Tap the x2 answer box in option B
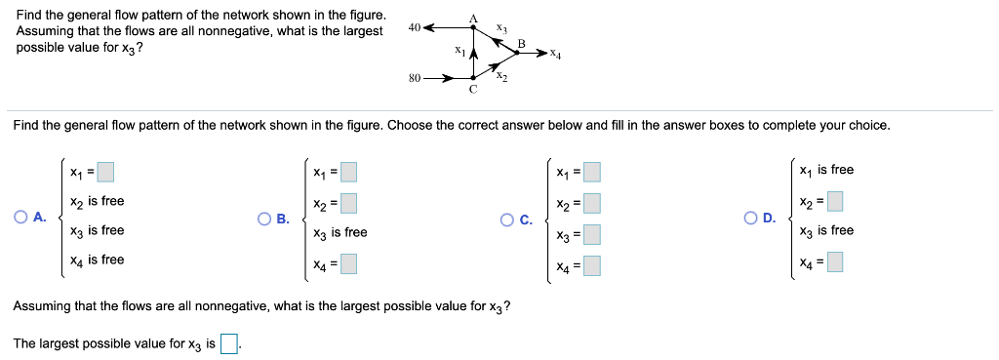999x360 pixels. coord(348,204)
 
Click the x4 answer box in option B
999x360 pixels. coord(348,262)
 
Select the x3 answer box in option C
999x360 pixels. coord(591,234)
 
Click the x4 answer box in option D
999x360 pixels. coord(835,261)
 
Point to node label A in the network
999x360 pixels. coord(473,17)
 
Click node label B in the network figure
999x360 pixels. coord(521,43)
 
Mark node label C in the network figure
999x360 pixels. coord(473,90)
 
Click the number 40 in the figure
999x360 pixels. coord(415,28)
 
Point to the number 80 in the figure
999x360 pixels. coord(415,77)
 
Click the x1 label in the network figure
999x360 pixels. coord(459,49)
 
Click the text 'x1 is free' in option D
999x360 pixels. coord(825,170)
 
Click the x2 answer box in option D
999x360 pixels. coord(835,203)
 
